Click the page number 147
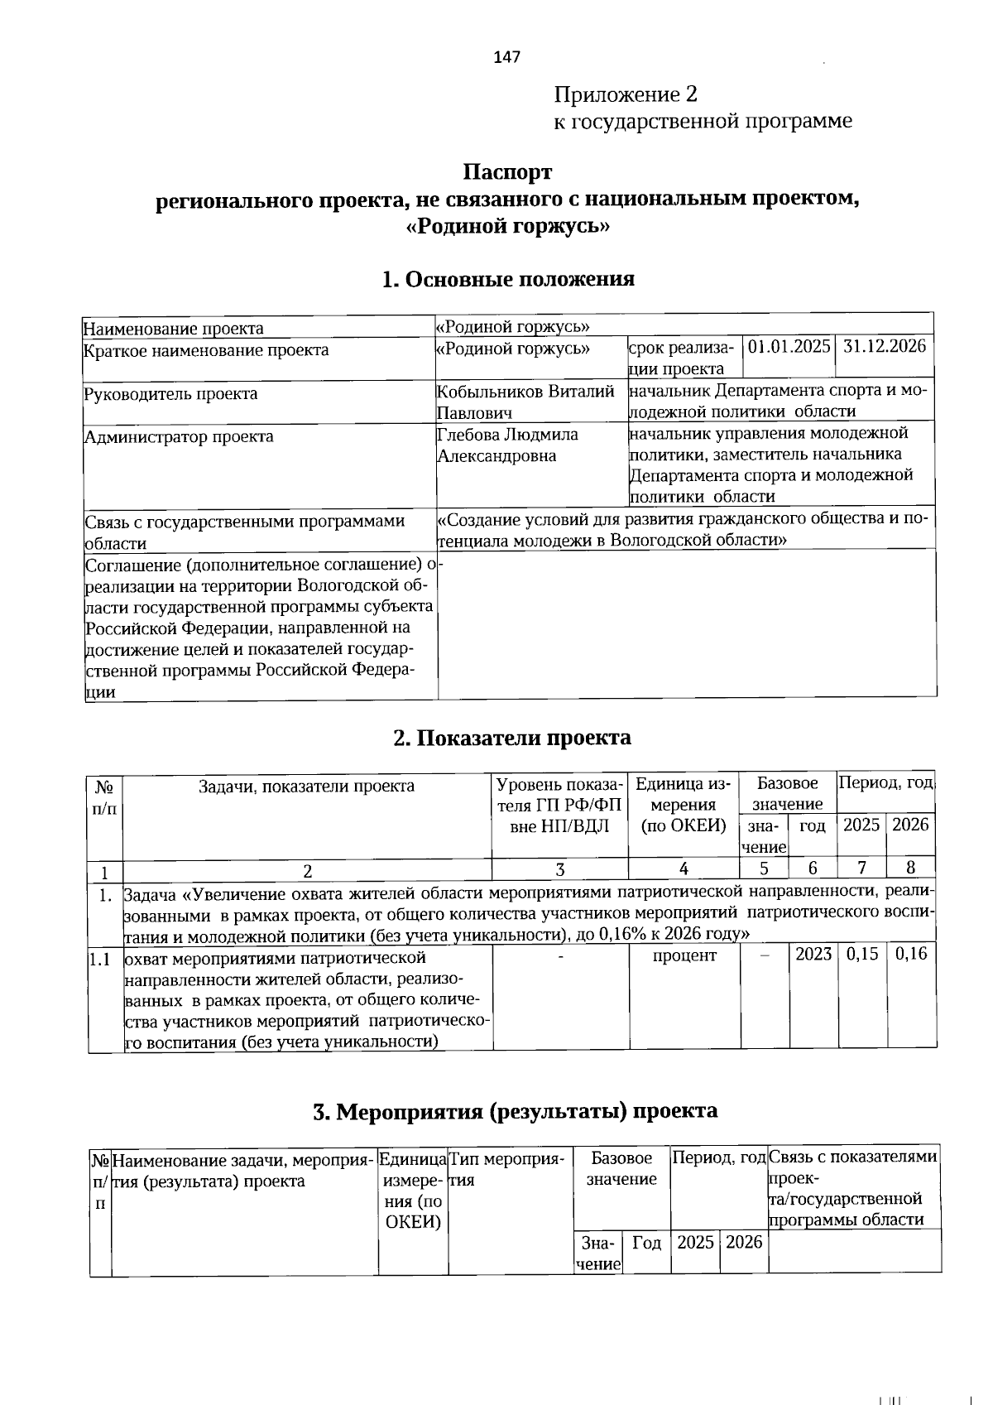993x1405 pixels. point(506,57)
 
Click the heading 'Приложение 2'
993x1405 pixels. point(626,94)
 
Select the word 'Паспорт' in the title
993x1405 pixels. point(506,172)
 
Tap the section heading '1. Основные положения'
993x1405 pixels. point(507,278)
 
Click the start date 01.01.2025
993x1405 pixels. point(789,346)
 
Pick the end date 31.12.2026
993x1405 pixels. point(884,346)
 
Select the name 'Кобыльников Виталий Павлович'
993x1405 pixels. point(526,401)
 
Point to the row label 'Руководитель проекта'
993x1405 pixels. point(170,393)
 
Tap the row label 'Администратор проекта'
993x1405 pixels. point(179,436)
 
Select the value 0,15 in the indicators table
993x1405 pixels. point(861,953)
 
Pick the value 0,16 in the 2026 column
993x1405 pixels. point(911,953)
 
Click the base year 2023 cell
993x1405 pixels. point(813,953)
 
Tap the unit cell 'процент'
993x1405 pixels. point(684,955)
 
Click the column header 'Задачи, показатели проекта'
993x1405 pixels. point(306,786)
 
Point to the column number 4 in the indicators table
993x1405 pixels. point(684,869)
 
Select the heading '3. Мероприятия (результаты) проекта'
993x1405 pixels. point(515,1110)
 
